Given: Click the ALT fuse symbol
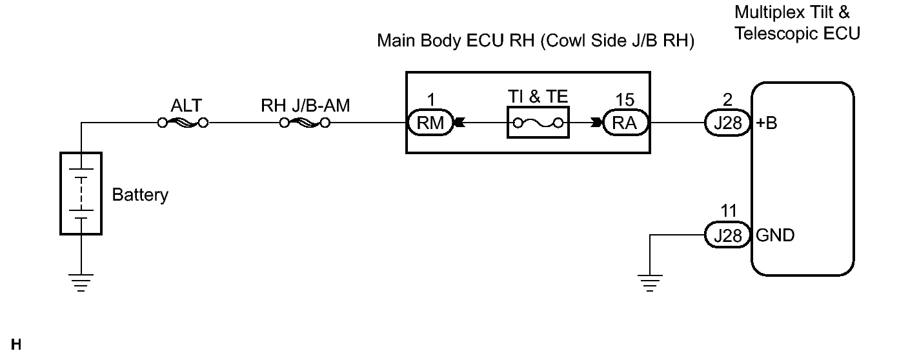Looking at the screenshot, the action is [183, 123].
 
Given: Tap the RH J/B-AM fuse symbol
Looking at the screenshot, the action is [305, 123].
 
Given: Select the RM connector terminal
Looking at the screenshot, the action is [430, 123].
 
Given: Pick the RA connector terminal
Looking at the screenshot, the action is [625, 123].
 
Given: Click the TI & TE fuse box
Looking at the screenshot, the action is [538, 123].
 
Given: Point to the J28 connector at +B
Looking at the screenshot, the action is [727, 123].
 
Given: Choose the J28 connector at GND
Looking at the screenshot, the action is [727, 235].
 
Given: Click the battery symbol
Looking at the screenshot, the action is [81, 194].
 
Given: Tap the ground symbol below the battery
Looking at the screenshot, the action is [81, 283].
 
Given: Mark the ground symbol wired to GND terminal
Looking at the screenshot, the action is [650, 283].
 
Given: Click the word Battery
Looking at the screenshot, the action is [140, 195].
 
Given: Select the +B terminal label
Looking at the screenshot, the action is [767, 123].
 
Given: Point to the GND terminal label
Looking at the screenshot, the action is [775, 235].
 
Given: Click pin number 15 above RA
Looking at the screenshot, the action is [625, 99].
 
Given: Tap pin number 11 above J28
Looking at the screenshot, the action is [729, 211].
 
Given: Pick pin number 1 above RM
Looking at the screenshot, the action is [431, 99].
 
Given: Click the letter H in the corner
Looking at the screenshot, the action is [16, 345].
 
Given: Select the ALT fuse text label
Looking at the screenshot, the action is [187, 105].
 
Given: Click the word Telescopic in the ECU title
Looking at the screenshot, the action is [776, 34].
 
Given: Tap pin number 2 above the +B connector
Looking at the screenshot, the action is [727, 99].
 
